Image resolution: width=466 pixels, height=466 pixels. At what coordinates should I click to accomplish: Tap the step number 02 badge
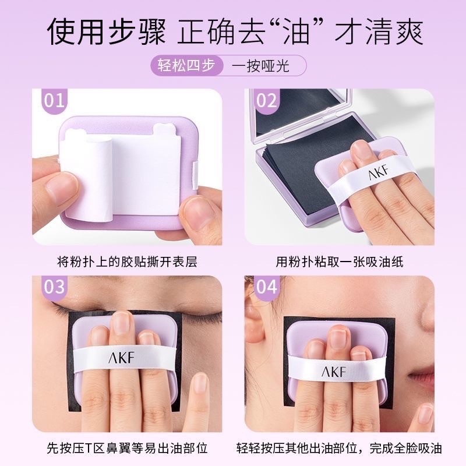click(x=266, y=100)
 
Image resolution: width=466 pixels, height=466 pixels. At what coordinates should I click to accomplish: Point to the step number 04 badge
click(x=266, y=286)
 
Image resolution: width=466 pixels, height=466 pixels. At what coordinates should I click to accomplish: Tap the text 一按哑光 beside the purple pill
click(x=265, y=65)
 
